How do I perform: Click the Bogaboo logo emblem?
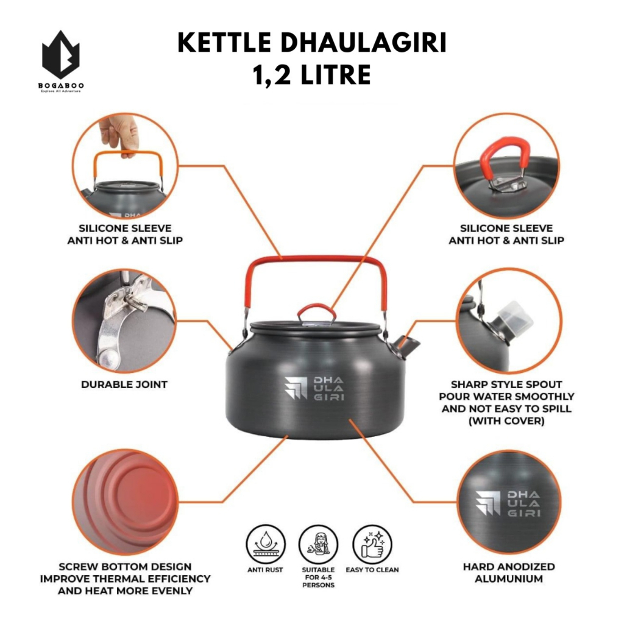60,55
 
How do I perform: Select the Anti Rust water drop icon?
266,544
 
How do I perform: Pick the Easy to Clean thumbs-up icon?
372,544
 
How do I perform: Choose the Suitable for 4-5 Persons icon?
318,544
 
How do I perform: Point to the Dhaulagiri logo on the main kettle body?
314,388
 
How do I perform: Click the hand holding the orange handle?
119,135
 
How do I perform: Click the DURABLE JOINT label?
124,385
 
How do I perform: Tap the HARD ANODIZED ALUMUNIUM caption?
509,573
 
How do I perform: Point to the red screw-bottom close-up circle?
125,502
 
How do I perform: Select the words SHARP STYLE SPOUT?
506,385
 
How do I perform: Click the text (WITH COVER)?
506,420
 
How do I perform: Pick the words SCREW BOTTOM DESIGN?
125,566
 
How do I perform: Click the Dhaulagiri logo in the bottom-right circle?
508,503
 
